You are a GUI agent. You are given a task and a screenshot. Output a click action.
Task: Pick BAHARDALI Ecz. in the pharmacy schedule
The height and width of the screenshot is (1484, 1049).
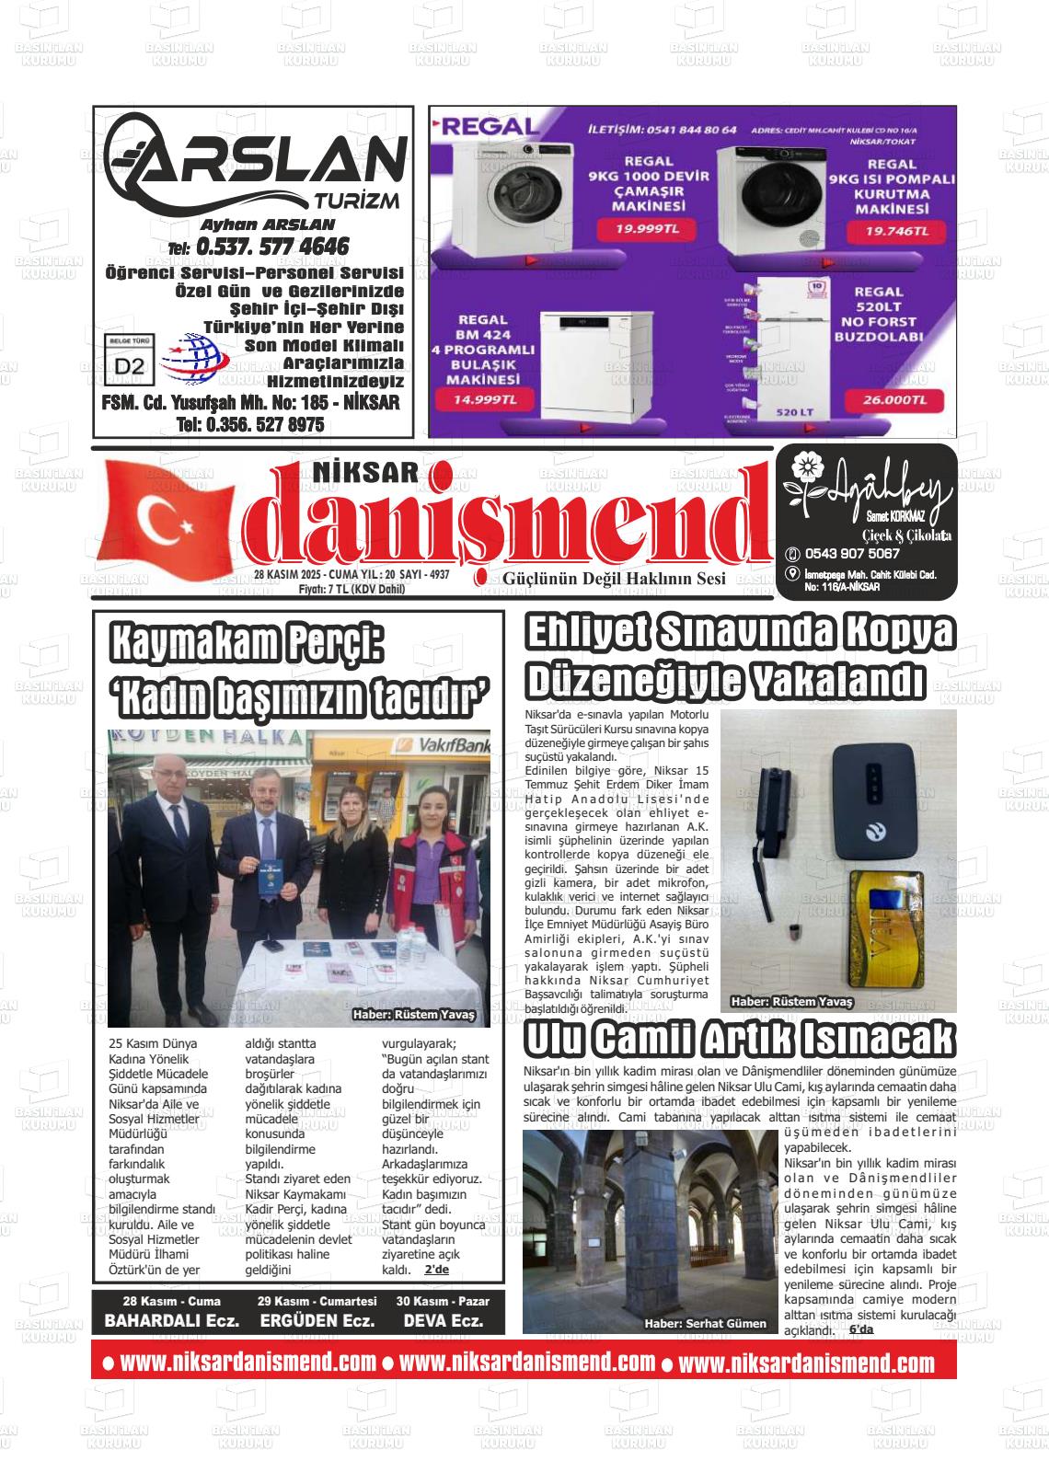(172, 1320)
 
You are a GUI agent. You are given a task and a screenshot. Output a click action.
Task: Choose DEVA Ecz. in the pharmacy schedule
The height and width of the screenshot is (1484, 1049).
(443, 1320)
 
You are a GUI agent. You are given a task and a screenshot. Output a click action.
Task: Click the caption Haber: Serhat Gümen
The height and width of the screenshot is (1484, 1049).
(705, 1323)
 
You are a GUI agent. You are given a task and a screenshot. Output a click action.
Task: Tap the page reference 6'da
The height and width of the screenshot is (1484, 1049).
(860, 1330)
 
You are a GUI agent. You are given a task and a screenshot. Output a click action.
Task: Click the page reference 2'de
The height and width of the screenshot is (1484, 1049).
(436, 1270)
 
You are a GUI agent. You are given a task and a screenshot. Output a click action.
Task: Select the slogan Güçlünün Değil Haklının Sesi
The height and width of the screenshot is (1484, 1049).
(614, 578)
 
